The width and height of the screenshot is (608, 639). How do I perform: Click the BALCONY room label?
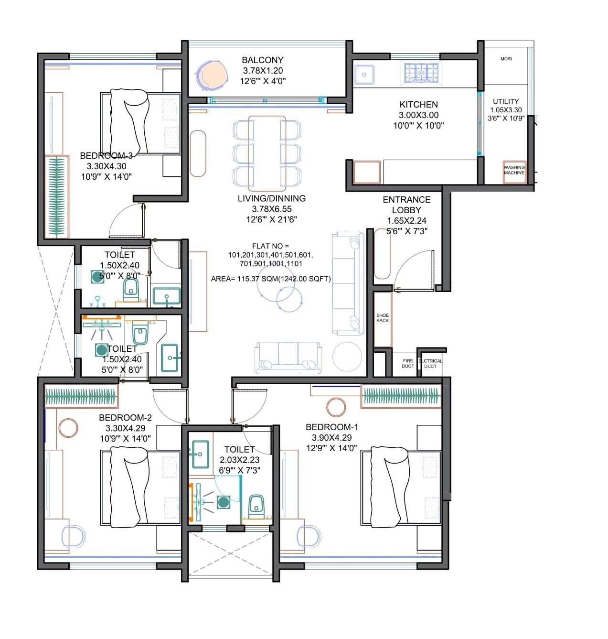tap(262, 60)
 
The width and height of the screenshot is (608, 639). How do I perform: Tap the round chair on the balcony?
tap(210, 75)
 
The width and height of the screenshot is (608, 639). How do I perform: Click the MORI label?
tap(506, 59)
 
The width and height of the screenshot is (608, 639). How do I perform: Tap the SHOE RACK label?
tap(382, 318)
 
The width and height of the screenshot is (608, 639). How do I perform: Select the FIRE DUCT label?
tap(407, 364)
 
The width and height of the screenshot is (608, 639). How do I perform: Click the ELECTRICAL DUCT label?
tap(430, 364)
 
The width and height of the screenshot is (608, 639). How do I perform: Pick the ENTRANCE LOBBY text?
tap(406, 205)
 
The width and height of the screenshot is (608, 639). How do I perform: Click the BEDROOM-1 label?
tap(332, 427)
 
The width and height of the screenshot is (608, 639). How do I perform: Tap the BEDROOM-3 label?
tap(106, 156)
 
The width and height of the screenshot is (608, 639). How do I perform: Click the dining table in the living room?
tap(267, 152)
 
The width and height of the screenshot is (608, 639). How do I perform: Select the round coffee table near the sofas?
tap(347, 357)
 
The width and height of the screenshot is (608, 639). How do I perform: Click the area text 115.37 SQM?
tap(270, 279)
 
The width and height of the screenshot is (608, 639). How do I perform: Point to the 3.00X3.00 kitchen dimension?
tap(418, 115)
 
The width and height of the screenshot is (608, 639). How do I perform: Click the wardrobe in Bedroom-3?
tap(57, 196)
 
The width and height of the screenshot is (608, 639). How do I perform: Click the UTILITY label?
tap(506, 101)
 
